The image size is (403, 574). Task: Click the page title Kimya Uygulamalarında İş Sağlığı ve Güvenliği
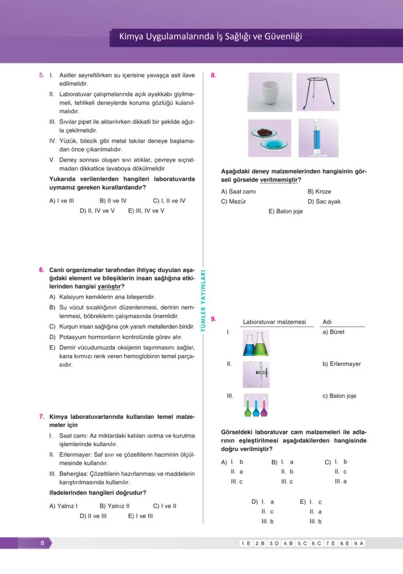click(211, 36)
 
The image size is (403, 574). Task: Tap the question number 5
click(41, 75)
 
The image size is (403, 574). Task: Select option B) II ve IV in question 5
click(113, 200)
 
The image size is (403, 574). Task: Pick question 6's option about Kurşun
click(122, 326)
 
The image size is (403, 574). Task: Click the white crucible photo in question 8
click(270, 92)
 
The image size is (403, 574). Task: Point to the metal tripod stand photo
click(318, 92)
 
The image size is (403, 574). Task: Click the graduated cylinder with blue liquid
click(318, 138)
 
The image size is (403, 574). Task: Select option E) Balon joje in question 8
click(285, 211)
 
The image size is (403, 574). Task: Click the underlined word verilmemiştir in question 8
click(278, 179)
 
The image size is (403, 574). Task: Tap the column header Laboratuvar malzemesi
click(274, 322)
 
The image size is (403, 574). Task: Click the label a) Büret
click(333, 332)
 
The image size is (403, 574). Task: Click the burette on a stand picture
click(256, 374)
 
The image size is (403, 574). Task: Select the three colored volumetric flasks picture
click(256, 406)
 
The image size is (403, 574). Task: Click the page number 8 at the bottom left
click(42, 543)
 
